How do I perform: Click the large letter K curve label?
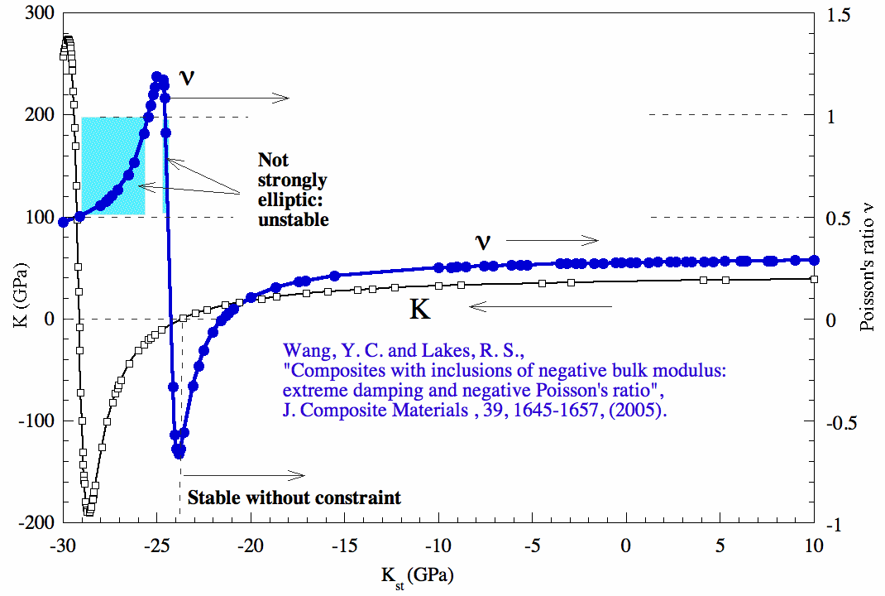click(421, 310)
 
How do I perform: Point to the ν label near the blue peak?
click(188, 77)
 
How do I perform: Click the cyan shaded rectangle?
click(112, 166)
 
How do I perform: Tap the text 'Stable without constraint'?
click(294, 497)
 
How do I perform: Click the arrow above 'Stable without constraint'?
click(244, 475)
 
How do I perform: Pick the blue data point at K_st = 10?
click(814, 260)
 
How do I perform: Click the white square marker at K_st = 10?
click(814, 279)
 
